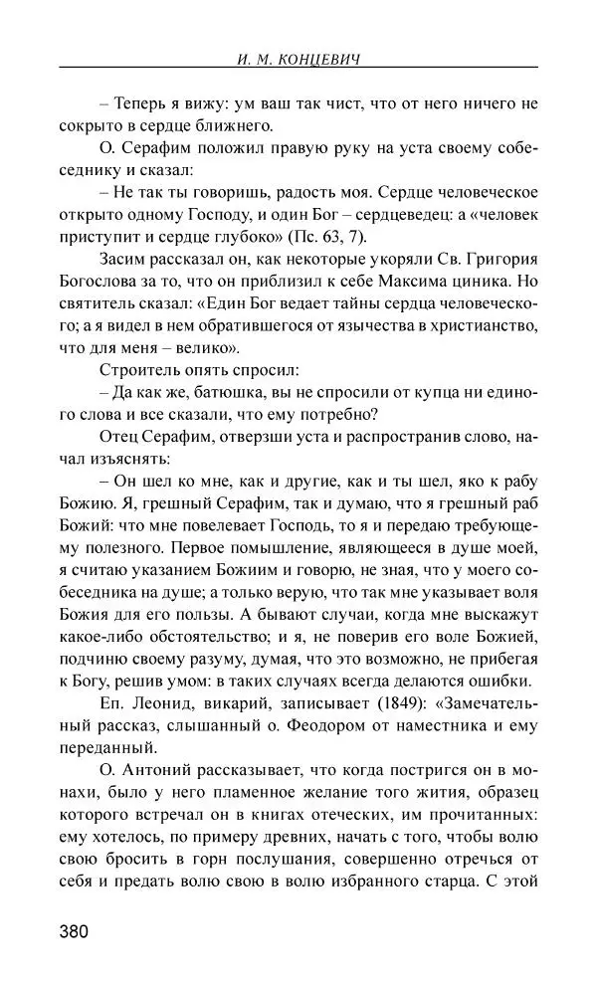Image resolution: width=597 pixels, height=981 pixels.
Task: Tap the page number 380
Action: click(x=75, y=932)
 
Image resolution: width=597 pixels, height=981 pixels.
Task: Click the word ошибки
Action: click(x=505, y=682)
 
